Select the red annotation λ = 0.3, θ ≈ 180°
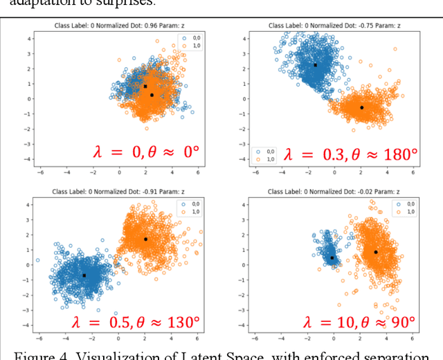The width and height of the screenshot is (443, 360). [351, 154]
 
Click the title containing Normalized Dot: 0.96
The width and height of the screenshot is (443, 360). [118, 26]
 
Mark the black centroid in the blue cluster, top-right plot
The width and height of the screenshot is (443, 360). [315, 65]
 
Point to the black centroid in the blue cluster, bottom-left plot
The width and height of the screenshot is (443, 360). [84, 275]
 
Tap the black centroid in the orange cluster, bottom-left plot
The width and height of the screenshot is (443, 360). [145, 239]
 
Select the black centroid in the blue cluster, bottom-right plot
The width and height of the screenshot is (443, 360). [332, 258]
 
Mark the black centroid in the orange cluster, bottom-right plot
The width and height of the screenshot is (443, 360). [376, 252]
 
